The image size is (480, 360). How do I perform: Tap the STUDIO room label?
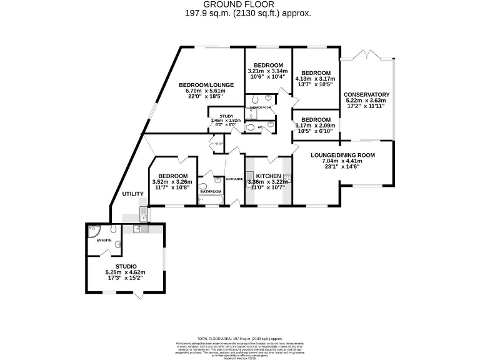click(x=126, y=266)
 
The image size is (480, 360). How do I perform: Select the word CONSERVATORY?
click(x=366, y=94)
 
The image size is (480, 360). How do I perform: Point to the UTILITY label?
click(x=133, y=194)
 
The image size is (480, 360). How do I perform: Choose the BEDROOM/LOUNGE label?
click(x=206, y=85)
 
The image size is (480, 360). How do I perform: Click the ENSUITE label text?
click(x=104, y=240)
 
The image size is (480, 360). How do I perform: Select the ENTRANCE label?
click(x=235, y=179)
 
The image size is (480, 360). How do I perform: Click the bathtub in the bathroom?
click(x=211, y=199)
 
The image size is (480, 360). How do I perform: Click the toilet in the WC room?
click(x=249, y=128)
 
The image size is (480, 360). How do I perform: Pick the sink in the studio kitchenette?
click(x=138, y=229)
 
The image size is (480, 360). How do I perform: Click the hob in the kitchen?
click(x=287, y=177)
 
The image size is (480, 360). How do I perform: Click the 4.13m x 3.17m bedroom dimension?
click(x=316, y=79)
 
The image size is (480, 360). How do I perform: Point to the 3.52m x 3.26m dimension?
click(x=172, y=182)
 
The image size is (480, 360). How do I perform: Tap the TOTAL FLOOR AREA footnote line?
click(x=240, y=336)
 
